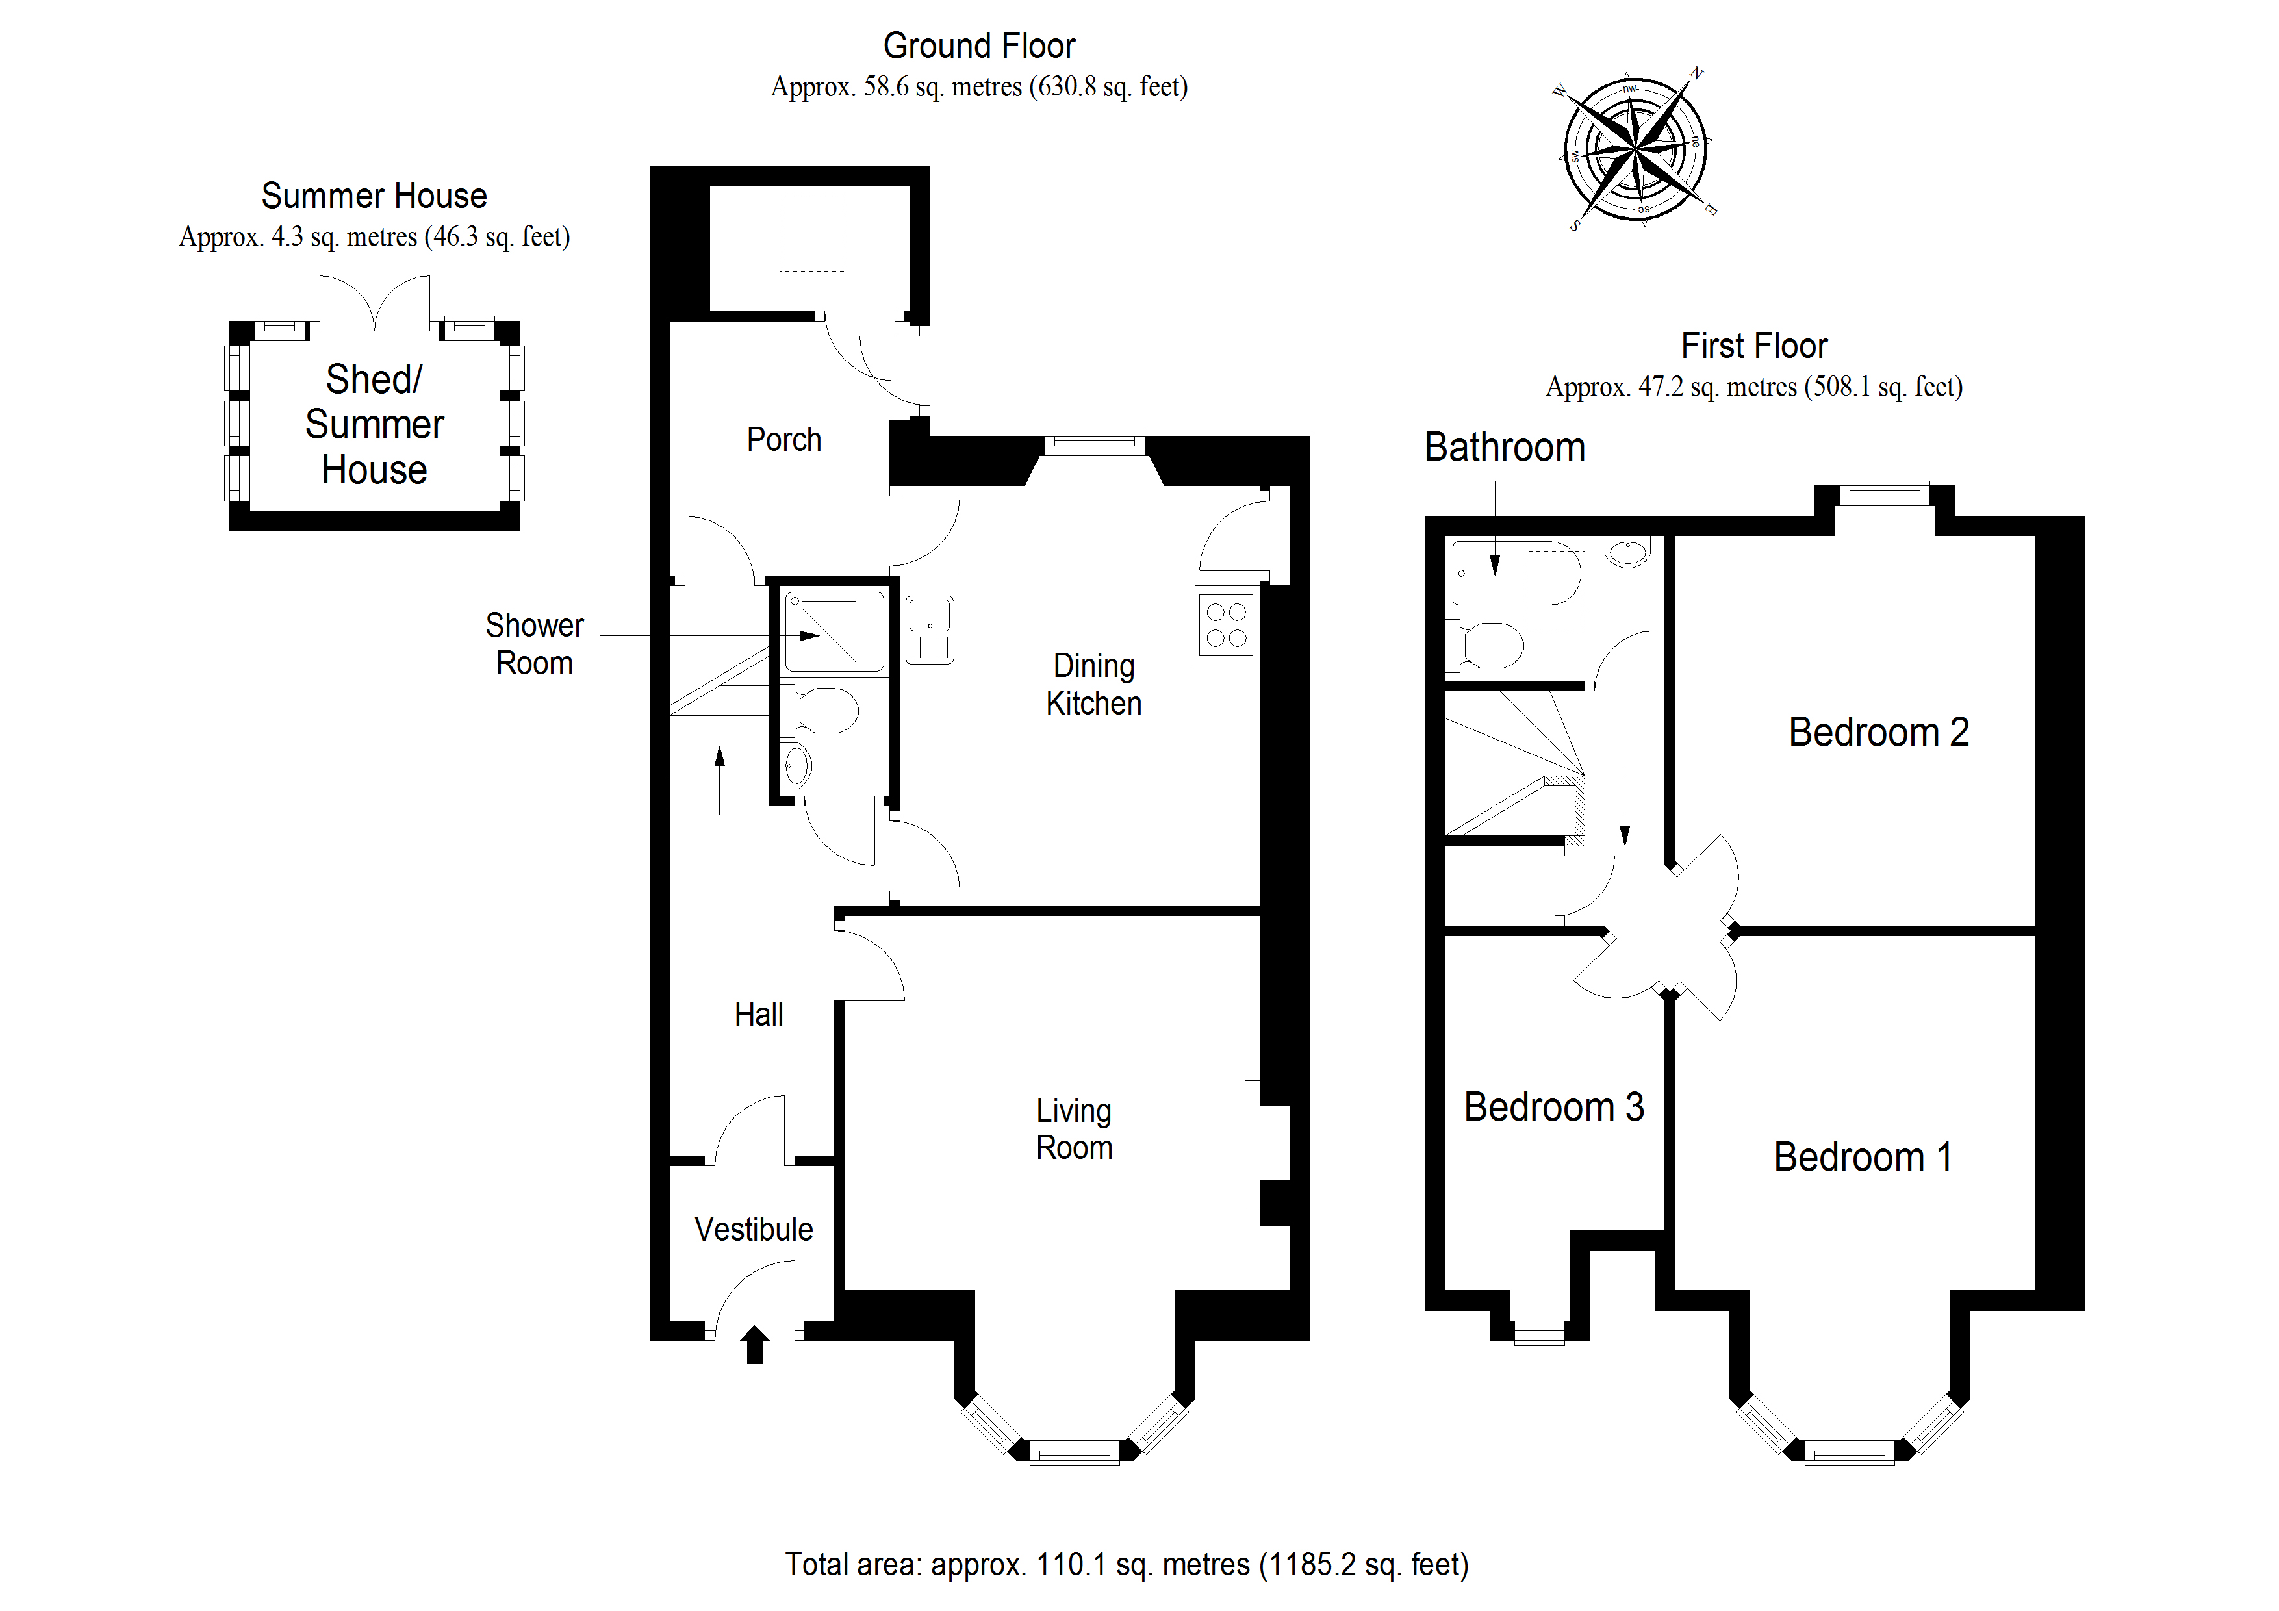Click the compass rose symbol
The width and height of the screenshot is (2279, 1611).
[1635, 149]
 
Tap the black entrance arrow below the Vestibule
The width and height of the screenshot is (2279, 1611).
[754, 1344]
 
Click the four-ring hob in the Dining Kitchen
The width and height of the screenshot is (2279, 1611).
[1227, 626]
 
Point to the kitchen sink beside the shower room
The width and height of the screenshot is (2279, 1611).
[930, 628]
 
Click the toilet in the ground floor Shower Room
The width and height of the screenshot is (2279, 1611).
[824, 711]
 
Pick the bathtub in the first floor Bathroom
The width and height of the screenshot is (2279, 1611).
[1515, 573]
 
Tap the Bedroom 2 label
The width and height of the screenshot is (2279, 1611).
[1878, 731]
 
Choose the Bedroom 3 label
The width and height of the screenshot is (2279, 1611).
[1553, 1107]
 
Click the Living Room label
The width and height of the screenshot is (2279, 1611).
[1074, 1128]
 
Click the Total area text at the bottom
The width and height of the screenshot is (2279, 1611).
[1127, 1564]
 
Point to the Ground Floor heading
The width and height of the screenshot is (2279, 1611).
[978, 45]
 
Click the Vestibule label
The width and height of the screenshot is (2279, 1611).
[754, 1229]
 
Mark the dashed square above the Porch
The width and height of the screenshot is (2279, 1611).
[812, 233]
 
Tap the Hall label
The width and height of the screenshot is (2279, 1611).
[758, 1015]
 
